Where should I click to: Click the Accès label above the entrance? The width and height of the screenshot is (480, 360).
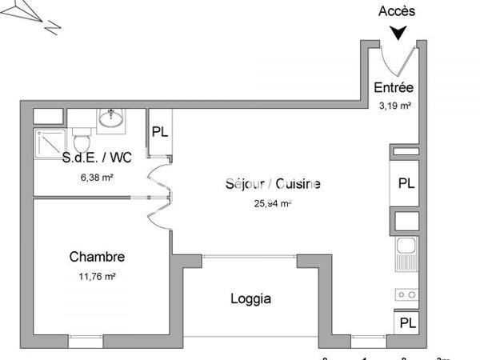[x=398, y=11]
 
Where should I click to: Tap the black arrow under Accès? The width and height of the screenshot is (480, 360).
[x=398, y=32]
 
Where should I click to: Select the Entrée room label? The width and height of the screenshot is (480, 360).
[x=394, y=88]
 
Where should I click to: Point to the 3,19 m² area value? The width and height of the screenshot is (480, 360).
[x=394, y=104]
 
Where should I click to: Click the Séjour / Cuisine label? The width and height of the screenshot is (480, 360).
[x=273, y=184]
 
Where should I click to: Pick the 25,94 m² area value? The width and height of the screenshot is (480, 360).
[x=272, y=203]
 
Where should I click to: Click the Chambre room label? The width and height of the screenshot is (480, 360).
[x=97, y=257]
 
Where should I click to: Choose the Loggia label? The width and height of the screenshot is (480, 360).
[x=251, y=299]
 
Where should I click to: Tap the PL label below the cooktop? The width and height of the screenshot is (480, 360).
[x=407, y=323]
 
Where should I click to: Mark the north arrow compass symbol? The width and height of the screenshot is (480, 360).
[x=33, y=15]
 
